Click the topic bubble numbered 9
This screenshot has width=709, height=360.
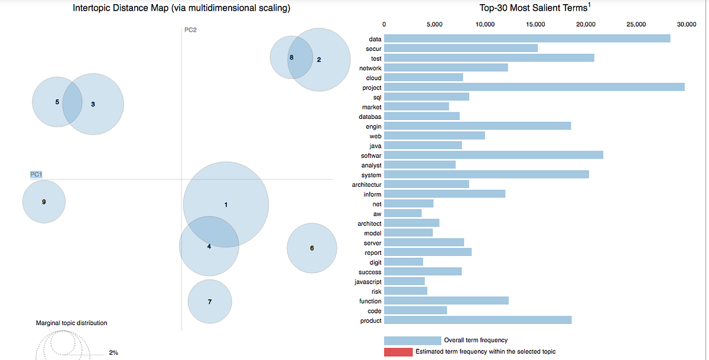44,202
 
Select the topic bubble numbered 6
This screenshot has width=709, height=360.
312,248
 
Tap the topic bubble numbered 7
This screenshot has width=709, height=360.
210,302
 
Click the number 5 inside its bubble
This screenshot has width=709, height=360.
57,102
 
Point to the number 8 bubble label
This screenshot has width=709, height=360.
291,57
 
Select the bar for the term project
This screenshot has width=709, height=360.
534,87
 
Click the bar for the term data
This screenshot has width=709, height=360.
527,38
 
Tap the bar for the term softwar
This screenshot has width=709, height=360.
493,155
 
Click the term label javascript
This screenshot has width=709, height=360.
367,282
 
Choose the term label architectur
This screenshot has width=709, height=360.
366,184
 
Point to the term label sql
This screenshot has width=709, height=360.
377,97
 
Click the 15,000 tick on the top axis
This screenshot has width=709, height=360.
535,24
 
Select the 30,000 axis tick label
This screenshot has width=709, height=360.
687,24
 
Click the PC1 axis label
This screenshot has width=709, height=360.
37,174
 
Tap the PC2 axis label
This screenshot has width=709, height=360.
190,30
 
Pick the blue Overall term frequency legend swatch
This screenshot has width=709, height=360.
412,340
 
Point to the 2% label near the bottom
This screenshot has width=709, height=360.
113,352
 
